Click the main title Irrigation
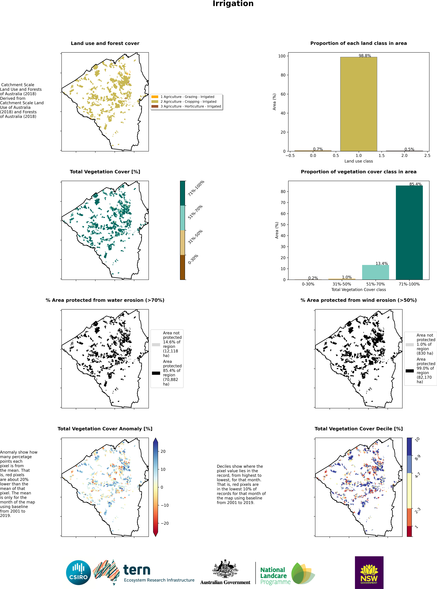(x=233, y=4)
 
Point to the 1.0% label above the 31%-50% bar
(x=347, y=277)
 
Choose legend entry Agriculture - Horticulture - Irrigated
(x=190, y=106)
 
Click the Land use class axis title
(x=358, y=161)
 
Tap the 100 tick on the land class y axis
(x=282, y=56)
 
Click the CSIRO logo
(x=78, y=573)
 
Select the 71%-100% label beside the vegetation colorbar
(x=196, y=188)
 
